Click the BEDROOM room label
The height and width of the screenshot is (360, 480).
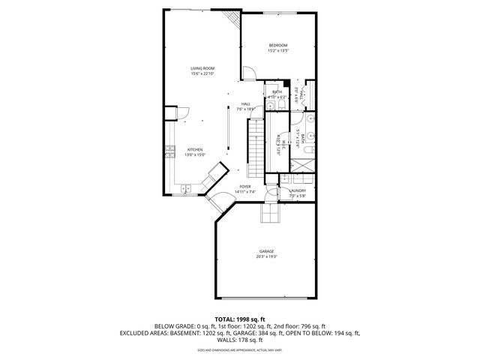278,46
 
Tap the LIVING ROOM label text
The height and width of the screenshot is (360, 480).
202,68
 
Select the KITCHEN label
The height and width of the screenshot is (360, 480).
195,149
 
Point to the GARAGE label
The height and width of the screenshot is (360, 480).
266,251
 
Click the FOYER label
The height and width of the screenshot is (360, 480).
245,187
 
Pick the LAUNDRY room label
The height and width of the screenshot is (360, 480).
297,191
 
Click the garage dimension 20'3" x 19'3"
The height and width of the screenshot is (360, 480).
266,257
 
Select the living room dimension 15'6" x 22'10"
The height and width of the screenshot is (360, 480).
202,74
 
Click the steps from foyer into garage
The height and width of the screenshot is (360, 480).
269,215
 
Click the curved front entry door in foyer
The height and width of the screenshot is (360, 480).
220,202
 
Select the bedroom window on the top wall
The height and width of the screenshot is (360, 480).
278,13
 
